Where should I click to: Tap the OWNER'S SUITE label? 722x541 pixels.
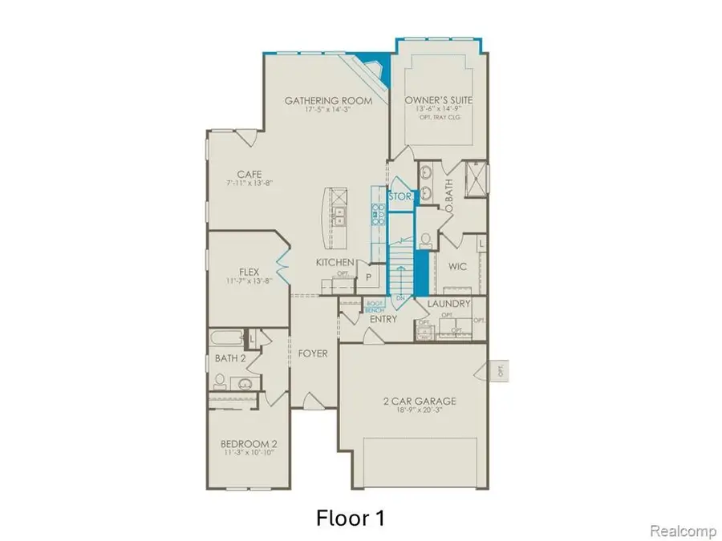point(438,101)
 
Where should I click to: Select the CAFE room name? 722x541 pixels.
point(245,174)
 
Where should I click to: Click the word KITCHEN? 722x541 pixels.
point(335,262)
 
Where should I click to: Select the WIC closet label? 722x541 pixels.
point(457,265)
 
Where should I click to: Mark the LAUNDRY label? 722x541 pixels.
point(448,305)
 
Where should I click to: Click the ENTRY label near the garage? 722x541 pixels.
point(383,319)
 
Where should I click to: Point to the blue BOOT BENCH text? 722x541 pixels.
point(375,306)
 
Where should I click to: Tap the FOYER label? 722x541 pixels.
point(313,353)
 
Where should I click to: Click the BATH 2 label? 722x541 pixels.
point(230,358)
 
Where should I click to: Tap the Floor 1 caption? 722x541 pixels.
point(351,518)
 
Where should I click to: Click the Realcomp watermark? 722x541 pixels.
point(678,531)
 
